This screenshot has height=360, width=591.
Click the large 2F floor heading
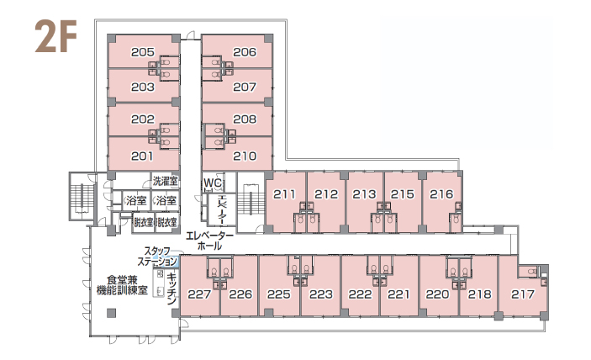click(55, 36)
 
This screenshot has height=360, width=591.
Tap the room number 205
click(143, 52)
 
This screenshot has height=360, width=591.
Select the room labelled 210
click(245, 156)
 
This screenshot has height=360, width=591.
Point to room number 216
click(441, 194)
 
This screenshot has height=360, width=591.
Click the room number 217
click(523, 294)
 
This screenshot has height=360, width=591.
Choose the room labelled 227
click(199, 294)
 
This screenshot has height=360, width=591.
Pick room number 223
click(321, 294)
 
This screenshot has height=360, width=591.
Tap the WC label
click(213, 183)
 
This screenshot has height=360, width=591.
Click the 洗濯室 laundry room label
click(165, 182)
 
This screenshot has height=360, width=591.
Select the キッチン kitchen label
click(171, 289)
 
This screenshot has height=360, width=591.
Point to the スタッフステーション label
click(157, 257)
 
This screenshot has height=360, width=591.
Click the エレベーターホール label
click(209, 241)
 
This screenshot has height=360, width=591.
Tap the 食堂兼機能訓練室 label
click(122, 285)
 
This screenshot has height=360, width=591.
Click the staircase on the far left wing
click(82, 196)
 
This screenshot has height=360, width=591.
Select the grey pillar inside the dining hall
click(111, 313)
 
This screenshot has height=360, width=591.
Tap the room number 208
click(245, 119)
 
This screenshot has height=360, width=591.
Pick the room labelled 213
click(365, 194)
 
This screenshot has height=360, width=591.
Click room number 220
click(438, 294)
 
